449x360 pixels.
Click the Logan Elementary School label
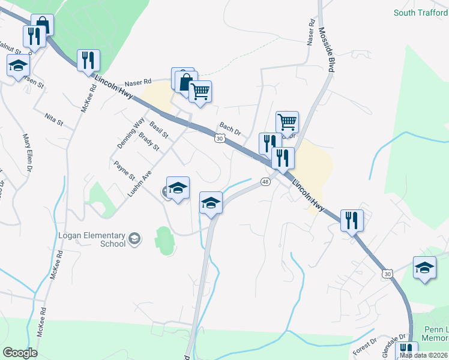click(92, 239)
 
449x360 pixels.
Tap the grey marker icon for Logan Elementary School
click(135, 239)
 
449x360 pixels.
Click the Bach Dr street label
click(230, 128)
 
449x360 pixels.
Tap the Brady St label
click(149, 143)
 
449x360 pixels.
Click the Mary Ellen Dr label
click(27, 153)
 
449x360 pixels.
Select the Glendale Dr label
click(395, 344)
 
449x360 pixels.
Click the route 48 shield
click(265, 181)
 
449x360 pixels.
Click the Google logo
click(20, 353)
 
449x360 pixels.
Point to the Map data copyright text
click(424, 355)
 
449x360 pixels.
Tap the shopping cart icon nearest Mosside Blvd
click(288, 121)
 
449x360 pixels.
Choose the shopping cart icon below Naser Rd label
click(200, 91)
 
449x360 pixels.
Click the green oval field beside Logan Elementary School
click(164, 241)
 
